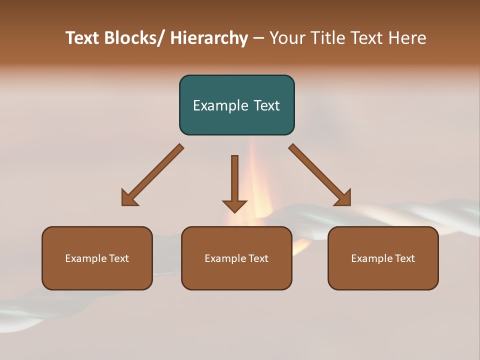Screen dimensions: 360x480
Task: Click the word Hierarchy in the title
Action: point(209,38)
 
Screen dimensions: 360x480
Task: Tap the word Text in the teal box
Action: point(266,105)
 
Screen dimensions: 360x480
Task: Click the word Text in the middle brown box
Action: point(258,258)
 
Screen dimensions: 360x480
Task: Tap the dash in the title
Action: point(258,38)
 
